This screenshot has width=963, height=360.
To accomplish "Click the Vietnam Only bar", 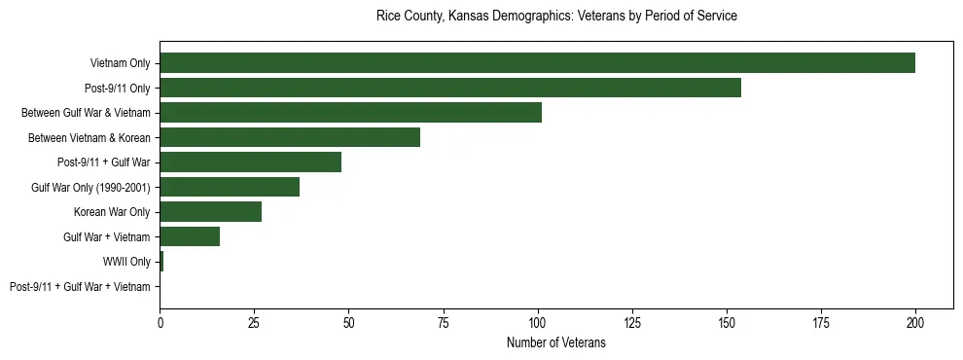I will [537, 63].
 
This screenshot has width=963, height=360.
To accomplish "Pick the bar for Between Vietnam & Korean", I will [290, 137].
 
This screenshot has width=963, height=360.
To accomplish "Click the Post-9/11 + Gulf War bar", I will [250, 162].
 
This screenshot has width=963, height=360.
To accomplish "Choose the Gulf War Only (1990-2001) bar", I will [230, 187].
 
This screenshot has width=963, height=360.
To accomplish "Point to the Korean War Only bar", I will [210, 212].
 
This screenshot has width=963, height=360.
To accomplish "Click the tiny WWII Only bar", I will [161, 262].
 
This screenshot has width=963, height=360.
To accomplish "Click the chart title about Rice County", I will [556, 17].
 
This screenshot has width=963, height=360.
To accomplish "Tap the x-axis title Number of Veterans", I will [556, 342].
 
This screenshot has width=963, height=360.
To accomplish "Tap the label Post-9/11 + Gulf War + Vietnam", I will [80, 287].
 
